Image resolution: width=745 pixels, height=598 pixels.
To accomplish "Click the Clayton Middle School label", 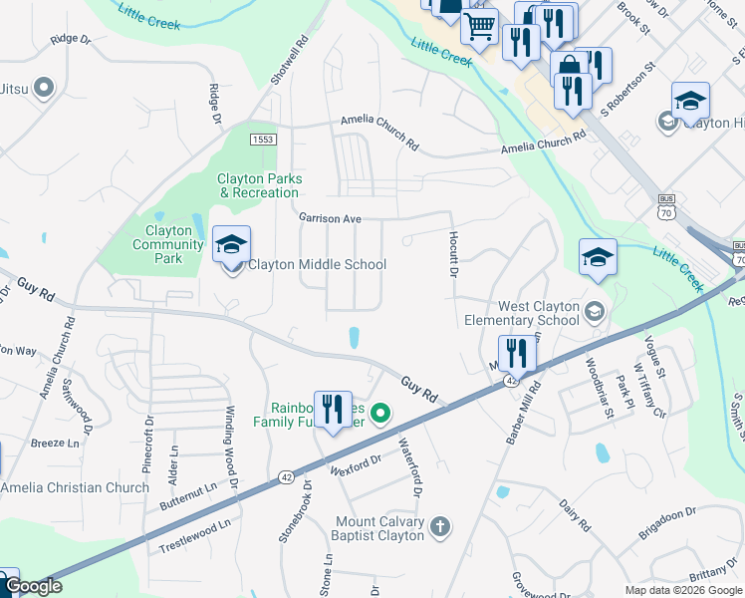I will (317, 265).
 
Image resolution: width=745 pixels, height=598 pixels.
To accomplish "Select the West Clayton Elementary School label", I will (539, 314).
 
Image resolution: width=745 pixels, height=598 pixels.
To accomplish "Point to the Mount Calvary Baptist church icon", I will (440, 525).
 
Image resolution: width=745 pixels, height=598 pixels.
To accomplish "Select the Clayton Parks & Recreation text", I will (259, 185).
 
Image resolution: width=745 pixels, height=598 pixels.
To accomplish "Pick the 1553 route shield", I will (263, 140).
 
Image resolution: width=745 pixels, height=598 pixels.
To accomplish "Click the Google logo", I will (33, 587).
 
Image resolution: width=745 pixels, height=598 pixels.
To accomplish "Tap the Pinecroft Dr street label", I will (149, 438).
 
